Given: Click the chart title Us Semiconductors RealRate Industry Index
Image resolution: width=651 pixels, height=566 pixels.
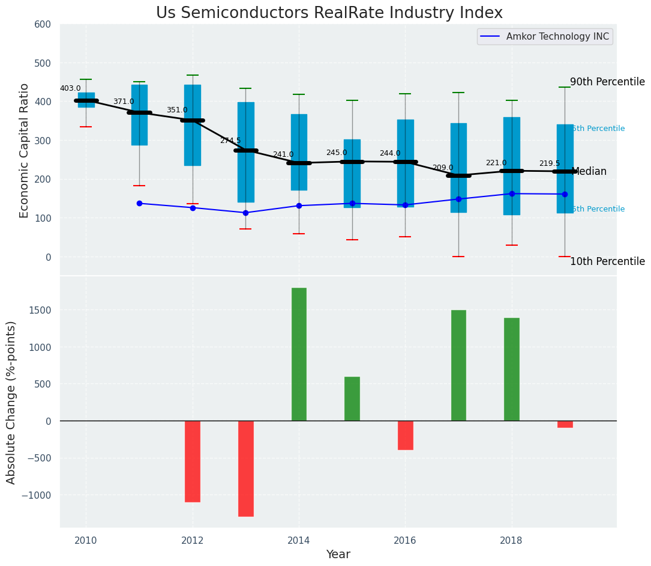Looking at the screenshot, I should click(329, 13).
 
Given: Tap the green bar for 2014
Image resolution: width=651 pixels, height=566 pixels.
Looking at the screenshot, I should click(299, 355).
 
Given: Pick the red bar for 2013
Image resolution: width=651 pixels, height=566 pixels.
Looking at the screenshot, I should click(245, 468).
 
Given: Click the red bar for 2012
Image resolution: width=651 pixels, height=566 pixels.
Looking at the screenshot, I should click(193, 461).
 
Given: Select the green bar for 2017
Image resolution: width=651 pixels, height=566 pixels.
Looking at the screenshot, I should click(458, 365).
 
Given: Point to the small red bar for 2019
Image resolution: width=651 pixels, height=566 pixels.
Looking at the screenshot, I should click(565, 424).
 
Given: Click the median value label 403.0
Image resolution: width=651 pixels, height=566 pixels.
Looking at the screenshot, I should click(70, 88).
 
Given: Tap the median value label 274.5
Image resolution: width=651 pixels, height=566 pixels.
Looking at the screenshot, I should click(230, 141).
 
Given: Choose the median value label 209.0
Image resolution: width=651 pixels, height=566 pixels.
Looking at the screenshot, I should click(443, 168).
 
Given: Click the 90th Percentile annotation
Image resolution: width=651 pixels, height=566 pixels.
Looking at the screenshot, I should click(607, 82).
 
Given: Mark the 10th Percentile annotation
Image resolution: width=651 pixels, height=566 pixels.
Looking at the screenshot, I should click(607, 261).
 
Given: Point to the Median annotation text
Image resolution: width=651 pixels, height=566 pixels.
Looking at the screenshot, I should click(589, 172).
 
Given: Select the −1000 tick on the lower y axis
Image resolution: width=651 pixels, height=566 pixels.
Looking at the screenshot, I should click(37, 495).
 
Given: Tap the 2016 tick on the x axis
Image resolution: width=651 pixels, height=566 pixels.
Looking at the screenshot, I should click(404, 540).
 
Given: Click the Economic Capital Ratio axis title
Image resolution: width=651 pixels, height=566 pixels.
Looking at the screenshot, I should click(25, 150).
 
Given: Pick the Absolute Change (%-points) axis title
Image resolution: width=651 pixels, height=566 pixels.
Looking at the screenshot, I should click(11, 402).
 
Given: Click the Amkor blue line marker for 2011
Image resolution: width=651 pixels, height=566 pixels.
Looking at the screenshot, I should click(139, 203).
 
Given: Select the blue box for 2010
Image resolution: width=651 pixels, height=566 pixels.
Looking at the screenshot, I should click(86, 100).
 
